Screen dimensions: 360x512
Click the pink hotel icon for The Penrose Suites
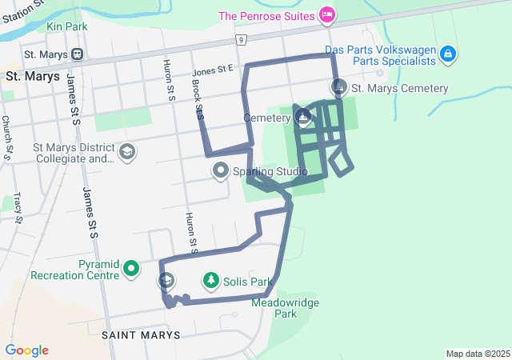tap(326, 14)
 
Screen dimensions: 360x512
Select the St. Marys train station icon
tap(78, 54)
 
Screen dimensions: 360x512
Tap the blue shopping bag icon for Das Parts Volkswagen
tap(448, 54)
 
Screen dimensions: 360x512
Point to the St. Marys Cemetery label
tap(400, 88)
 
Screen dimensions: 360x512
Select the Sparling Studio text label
tap(270, 171)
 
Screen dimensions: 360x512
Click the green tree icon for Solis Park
tap(210, 281)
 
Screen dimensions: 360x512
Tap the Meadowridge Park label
tap(274, 308)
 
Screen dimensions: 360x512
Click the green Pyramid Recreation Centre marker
tap(131, 268)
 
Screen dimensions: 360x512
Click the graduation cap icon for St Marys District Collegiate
tap(126, 152)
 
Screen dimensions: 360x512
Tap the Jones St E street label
tap(212, 72)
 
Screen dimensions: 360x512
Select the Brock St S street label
tap(198, 102)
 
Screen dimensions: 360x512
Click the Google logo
tap(26, 350)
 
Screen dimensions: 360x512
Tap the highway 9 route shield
tap(240, 39)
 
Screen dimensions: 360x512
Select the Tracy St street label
tap(18, 206)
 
